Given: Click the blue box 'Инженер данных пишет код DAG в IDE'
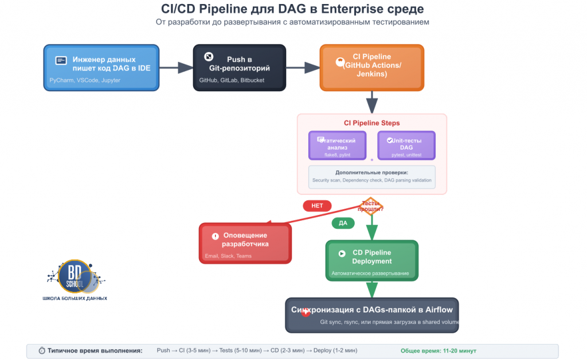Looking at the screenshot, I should pyautogui.click(x=101, y=68).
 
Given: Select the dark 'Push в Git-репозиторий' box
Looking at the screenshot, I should pyautogui.click(x=239, y=68).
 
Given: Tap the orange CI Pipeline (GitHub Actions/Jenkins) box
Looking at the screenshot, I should pyautogui.click(x=371, y=68).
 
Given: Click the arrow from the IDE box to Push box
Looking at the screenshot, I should pyautogui.click(x=176, y=68).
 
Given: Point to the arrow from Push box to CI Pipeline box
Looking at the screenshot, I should pyautogui.click(x=303, y=68).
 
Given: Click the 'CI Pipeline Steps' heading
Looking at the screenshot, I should pyautogui.click(x=371, y=123).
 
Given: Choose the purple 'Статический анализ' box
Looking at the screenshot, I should pyautogui.click(x=337, y=145).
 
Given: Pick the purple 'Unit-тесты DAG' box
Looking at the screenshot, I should pyautogui.click(x=406, y=145).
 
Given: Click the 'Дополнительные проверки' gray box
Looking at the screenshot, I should pyautogui.click(x=371, y=176).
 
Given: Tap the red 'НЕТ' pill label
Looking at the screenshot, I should pyautogui.click(x=317, y=206).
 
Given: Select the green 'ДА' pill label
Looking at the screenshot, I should pyautogui.click(x=343, y=223).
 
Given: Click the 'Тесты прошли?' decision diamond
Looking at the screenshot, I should pyautogui.click(x=371, y=206).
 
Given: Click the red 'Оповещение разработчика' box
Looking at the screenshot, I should pyautogui.click(x=245, y=243).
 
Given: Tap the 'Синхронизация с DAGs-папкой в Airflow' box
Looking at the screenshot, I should pyautogui.click(x=371, y=315).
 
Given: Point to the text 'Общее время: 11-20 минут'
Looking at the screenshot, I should pyautogui.click(x=438, y=351).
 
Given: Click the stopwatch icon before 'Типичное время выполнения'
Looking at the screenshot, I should pyautogui.click(x=42, y=351).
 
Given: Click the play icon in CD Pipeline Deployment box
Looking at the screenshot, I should pyautogui.click(x=342, y=253).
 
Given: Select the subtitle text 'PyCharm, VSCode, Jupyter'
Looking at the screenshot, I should pyautogui.click(x=85, y=80).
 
